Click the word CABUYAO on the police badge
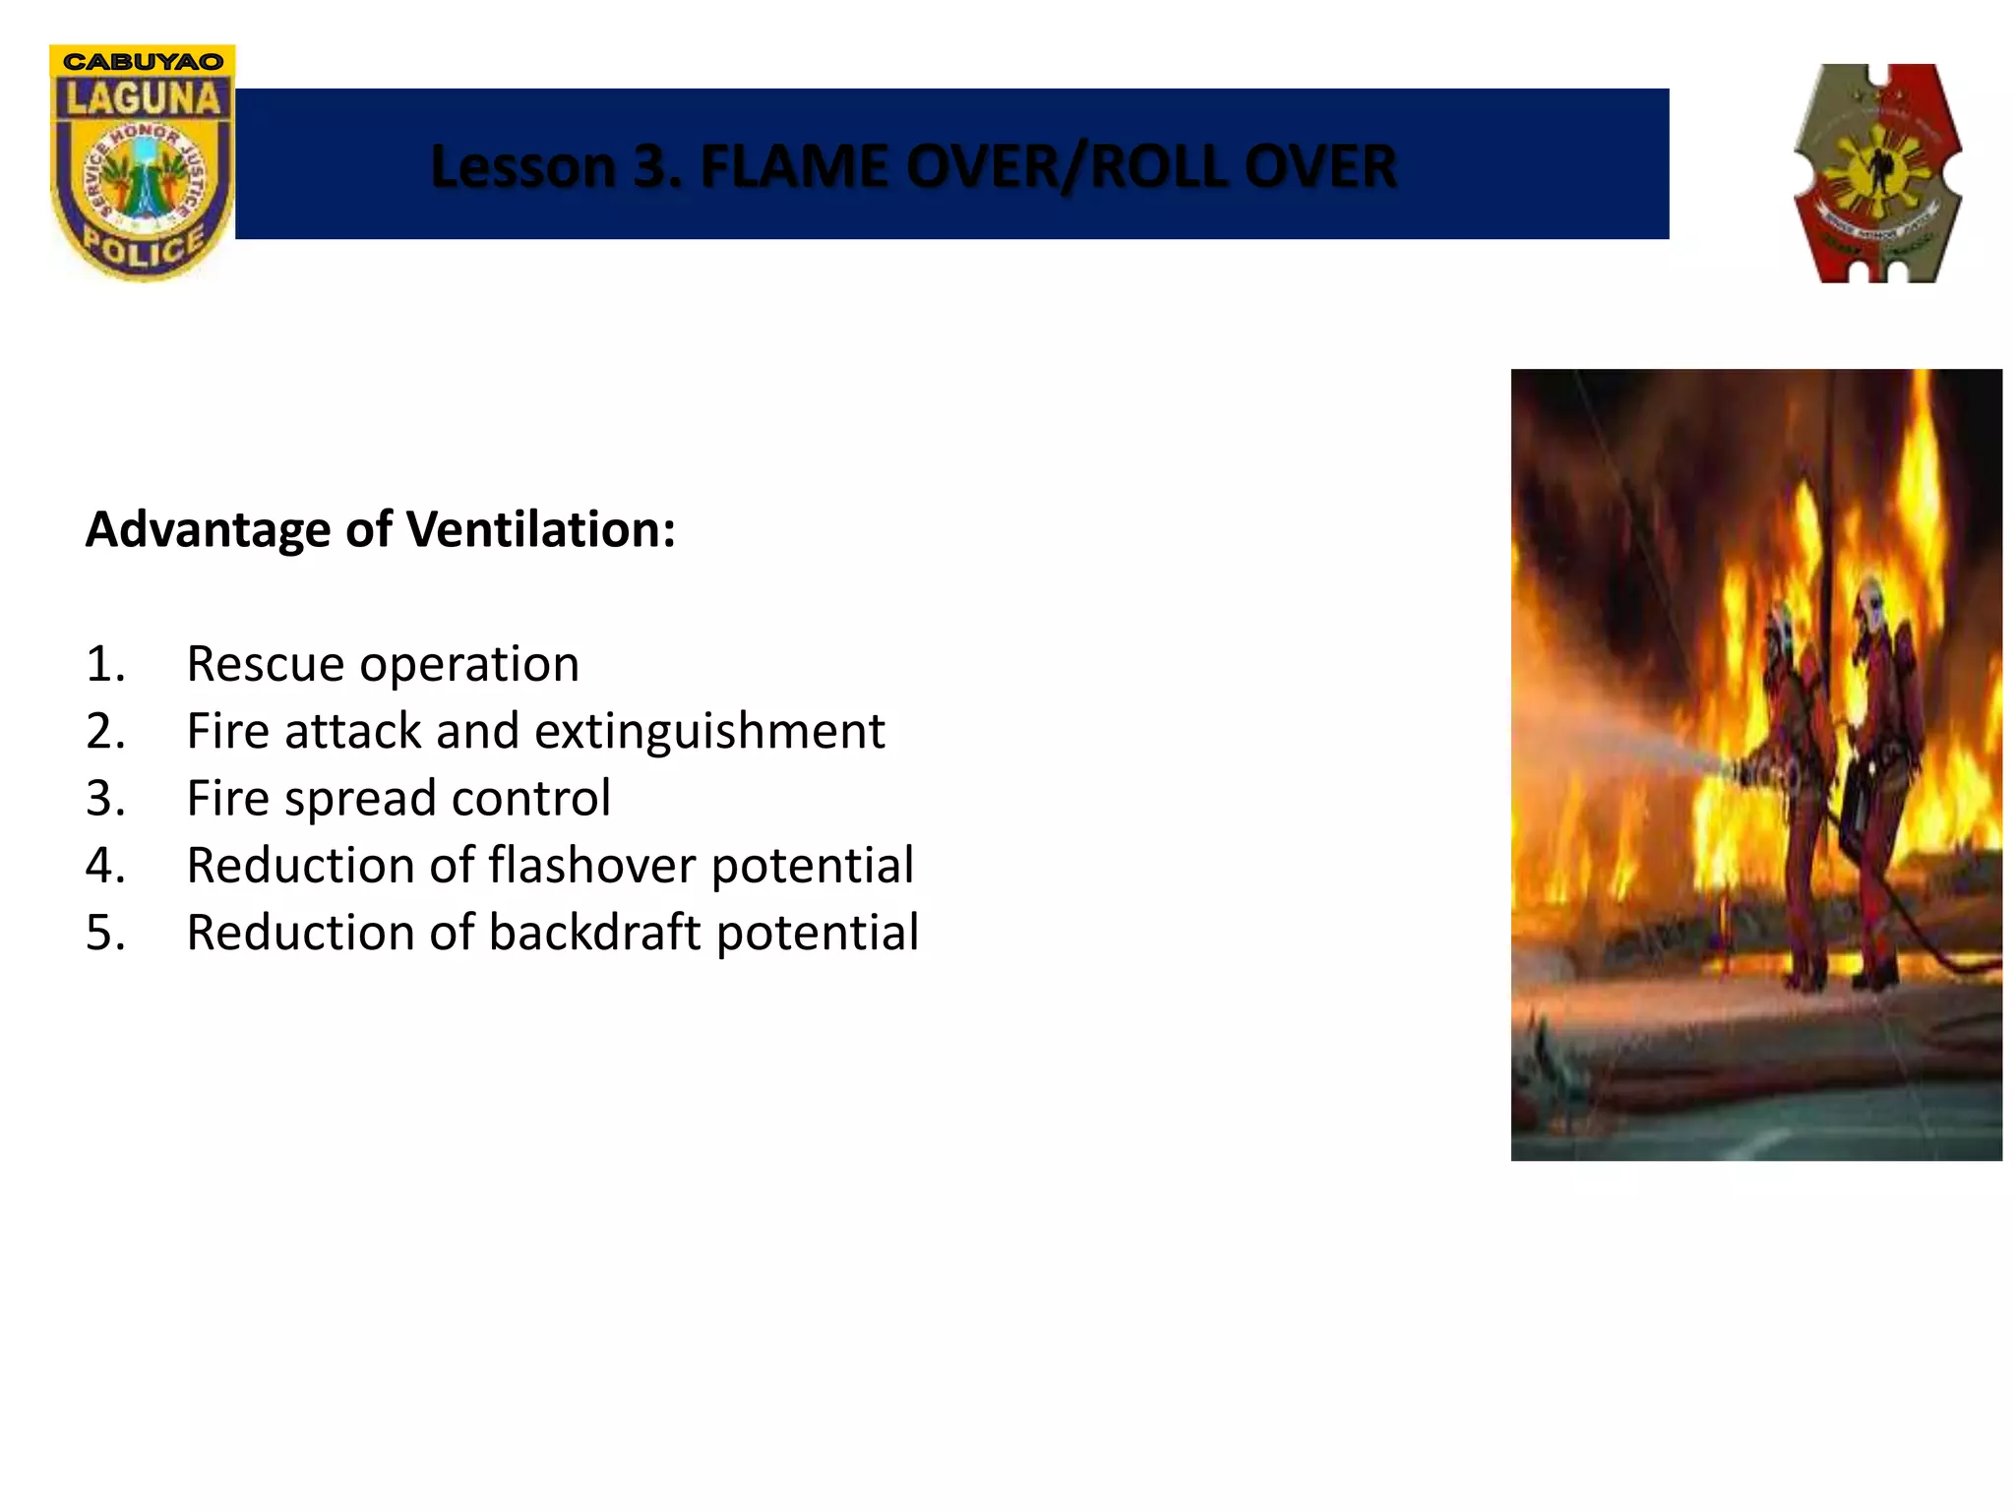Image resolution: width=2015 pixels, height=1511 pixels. (143, 61)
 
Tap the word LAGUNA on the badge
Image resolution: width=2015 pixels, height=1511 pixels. (143, 99)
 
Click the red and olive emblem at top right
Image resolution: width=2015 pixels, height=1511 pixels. (1877, 173)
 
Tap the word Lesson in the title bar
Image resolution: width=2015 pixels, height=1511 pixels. (522, 166)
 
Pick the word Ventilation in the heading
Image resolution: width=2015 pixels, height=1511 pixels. (540, 529)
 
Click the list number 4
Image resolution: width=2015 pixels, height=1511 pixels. (104, 866)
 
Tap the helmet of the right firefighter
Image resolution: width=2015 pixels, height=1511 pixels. (1868, 595)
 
